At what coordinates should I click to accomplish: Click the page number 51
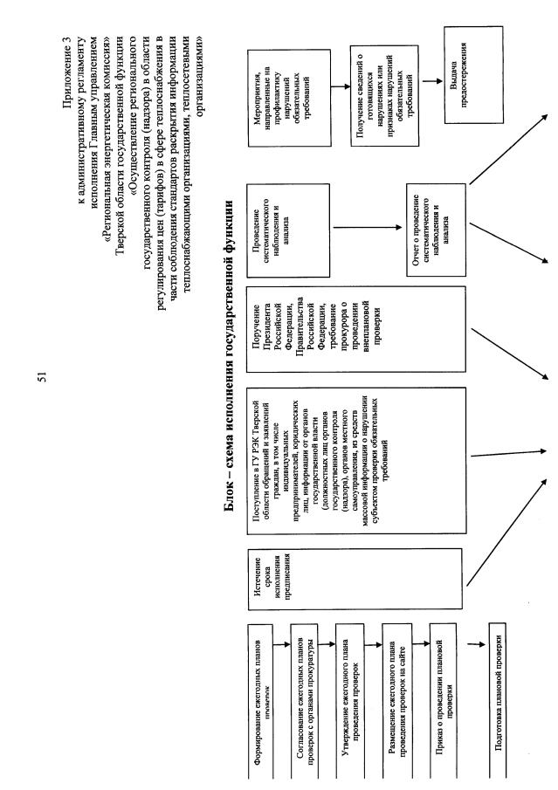point(41,376)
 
